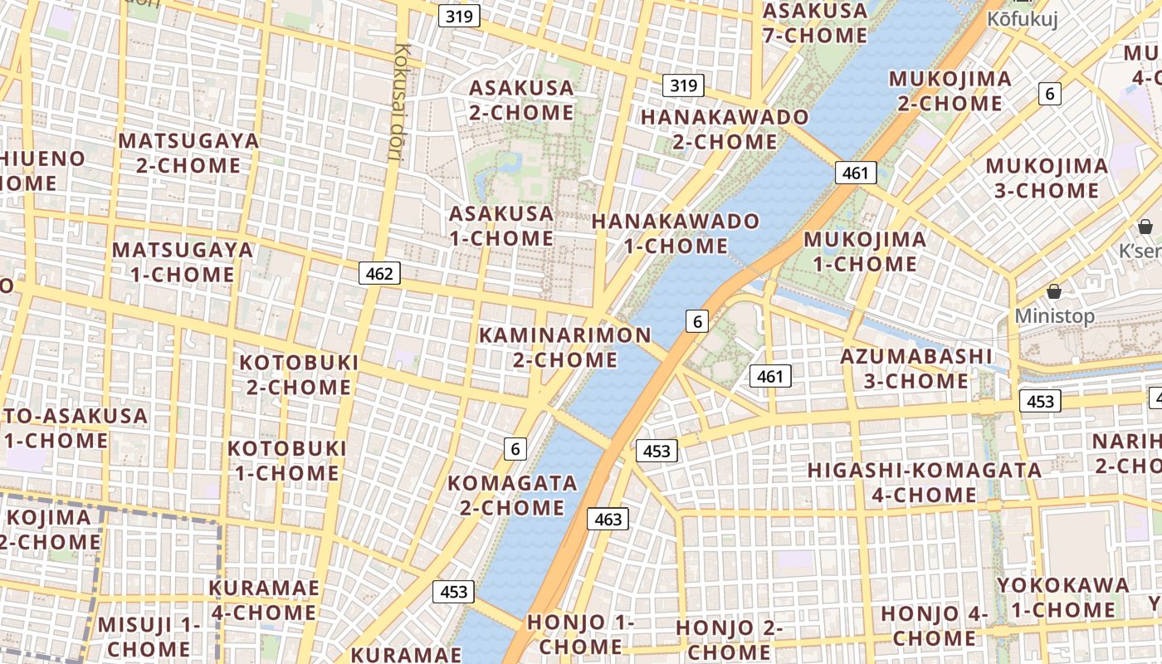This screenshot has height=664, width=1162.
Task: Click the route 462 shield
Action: coord(379,273)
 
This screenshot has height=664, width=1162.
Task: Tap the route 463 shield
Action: coord(608,520)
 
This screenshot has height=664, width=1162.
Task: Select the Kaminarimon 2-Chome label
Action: coord(565,348)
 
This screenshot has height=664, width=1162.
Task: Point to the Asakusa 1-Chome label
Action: coord(501,226)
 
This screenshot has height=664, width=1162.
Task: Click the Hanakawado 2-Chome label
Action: coord(713,129)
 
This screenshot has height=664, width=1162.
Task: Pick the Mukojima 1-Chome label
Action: coord(865,251)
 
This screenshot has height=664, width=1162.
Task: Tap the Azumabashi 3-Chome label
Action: coord(915,369)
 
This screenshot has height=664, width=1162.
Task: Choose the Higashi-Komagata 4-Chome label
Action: coord(924,482)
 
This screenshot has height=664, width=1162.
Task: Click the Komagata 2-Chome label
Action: coord(512,495)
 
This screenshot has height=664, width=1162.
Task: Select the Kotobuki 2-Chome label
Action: coord(299,374)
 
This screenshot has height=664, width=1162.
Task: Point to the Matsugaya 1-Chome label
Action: coord(183,261)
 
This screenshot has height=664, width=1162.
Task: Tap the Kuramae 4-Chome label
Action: coord(263,600)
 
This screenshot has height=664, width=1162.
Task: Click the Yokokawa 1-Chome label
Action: coord(1062,597)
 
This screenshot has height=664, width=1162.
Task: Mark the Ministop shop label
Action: coord(1054,316)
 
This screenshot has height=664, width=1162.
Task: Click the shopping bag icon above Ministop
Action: coord(1054,291)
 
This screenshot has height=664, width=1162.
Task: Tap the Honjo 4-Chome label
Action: coord(933,626)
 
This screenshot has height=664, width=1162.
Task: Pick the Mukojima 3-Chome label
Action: coord(1046,178)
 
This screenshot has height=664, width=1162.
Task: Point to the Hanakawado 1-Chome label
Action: coord(675,233)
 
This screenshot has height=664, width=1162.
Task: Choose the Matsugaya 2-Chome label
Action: coord(188,153)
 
